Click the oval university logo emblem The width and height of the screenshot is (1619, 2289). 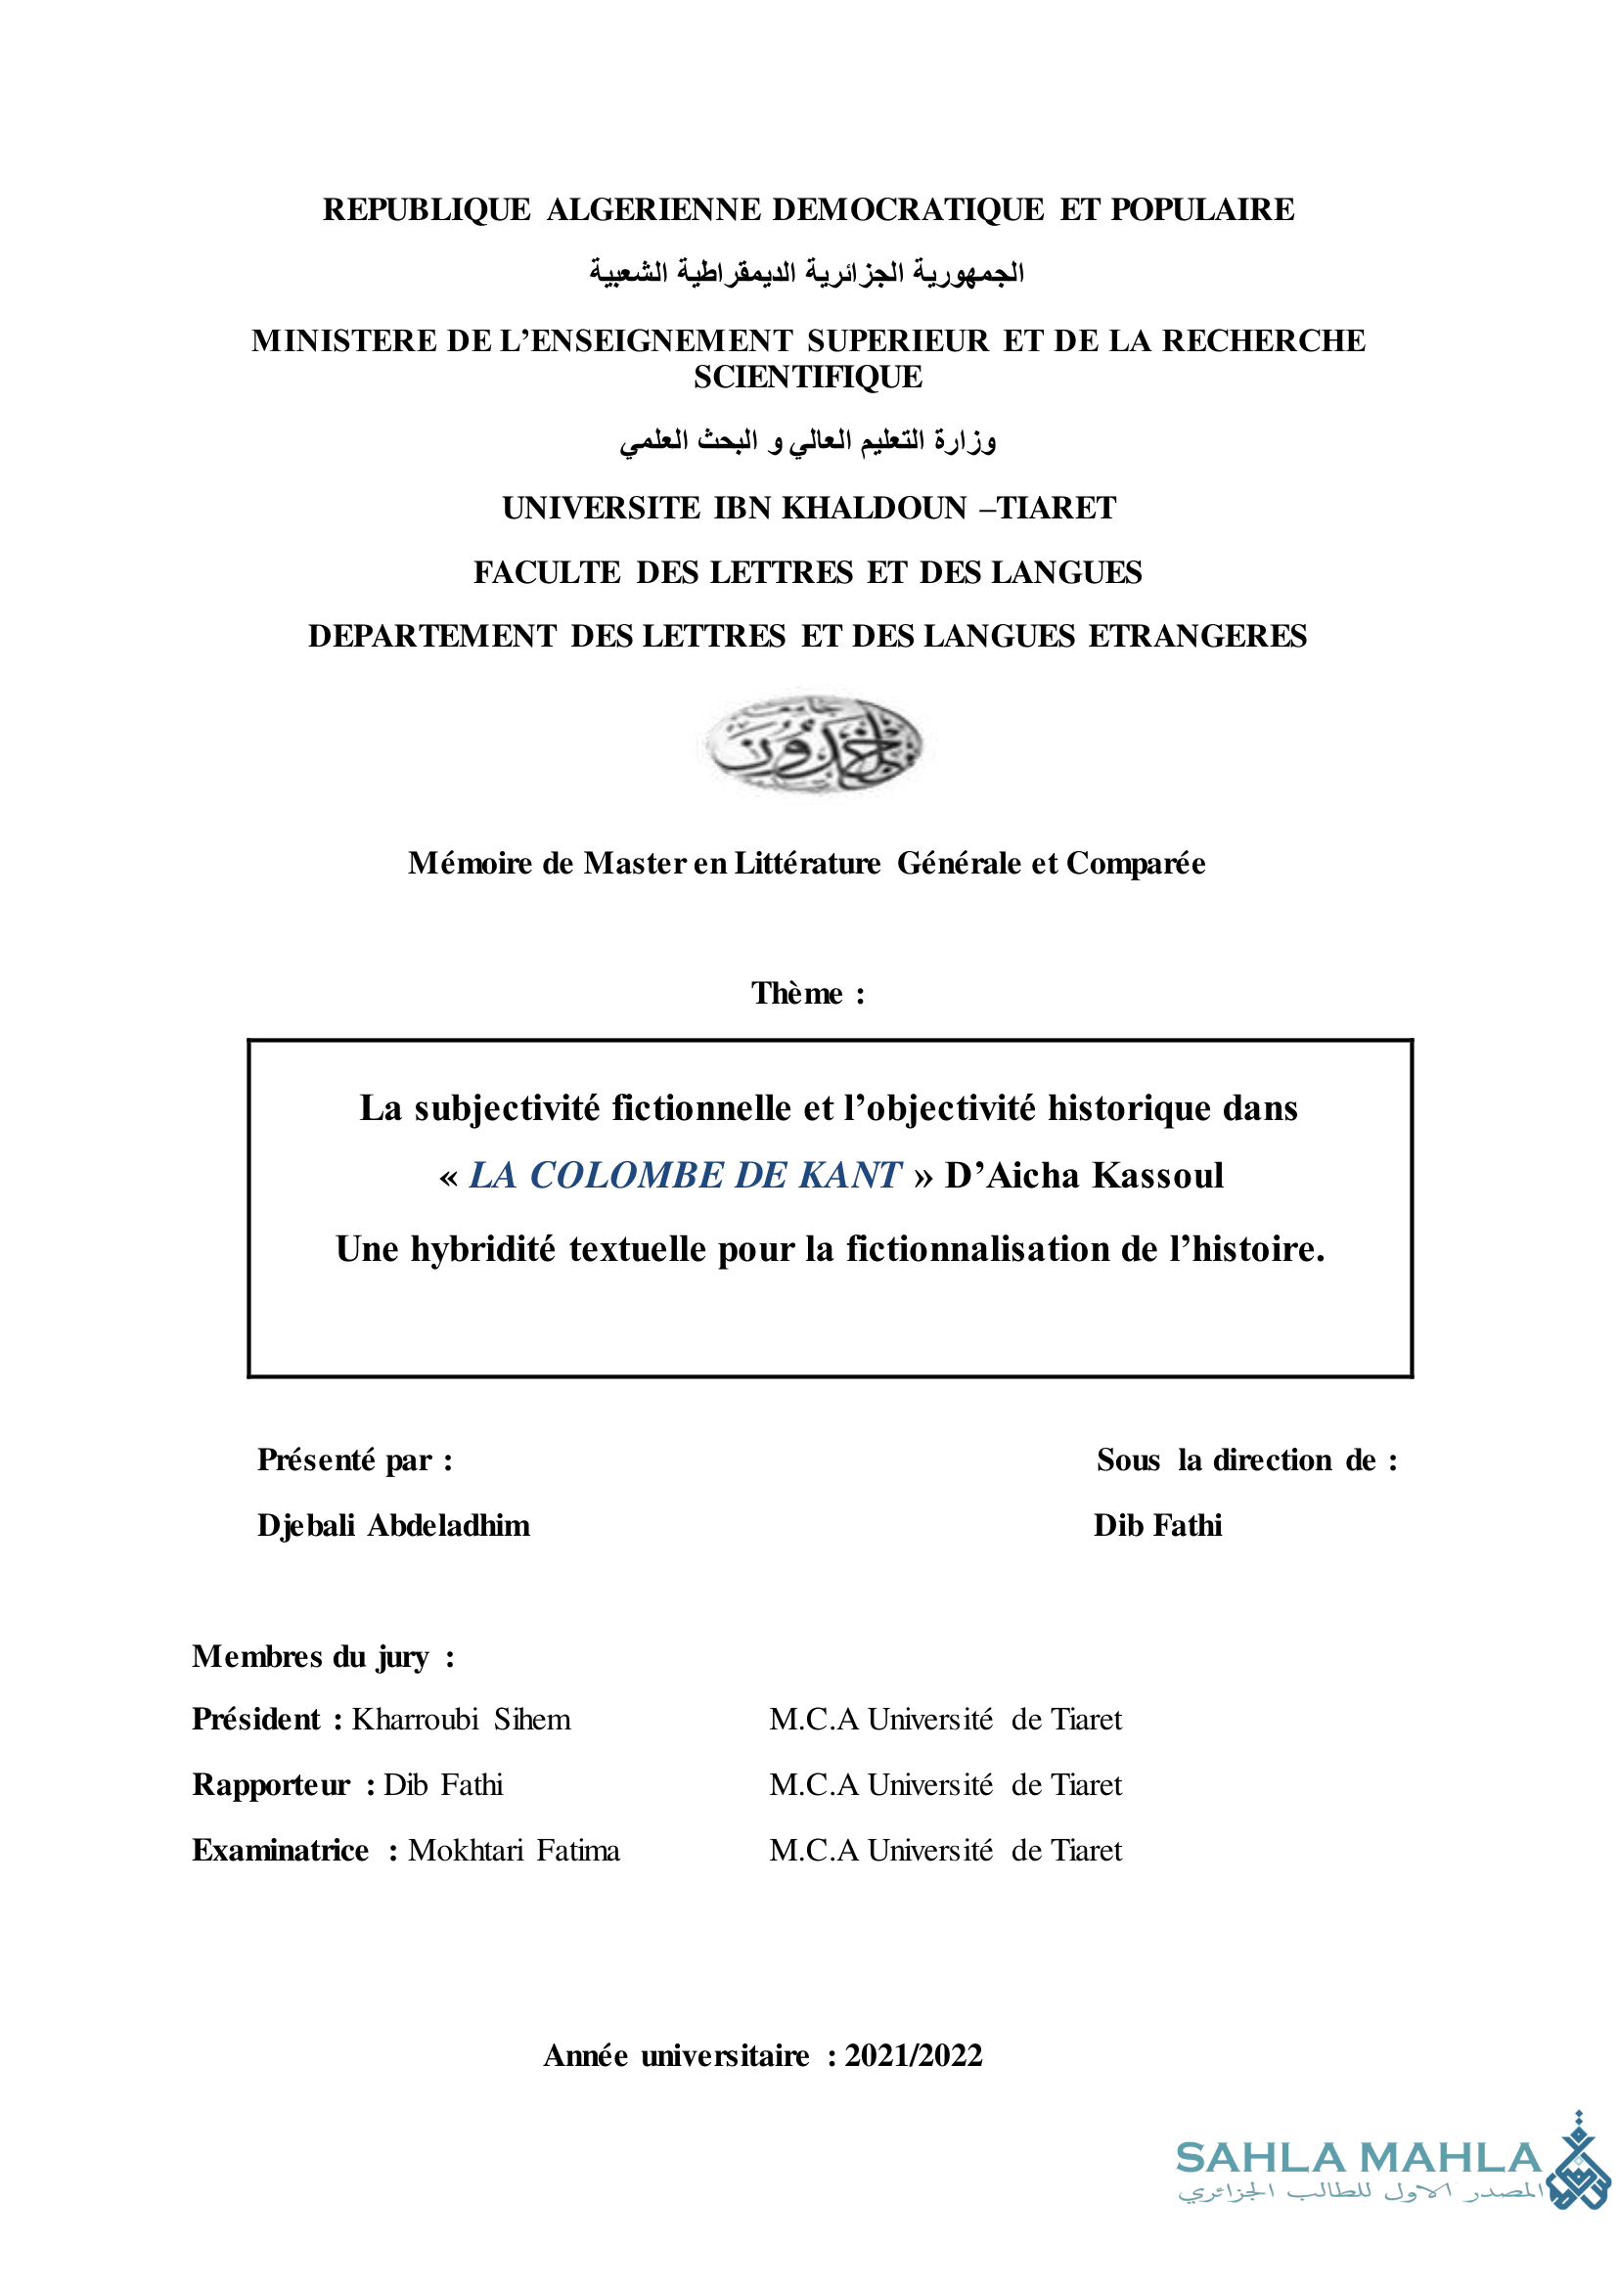(813, 743)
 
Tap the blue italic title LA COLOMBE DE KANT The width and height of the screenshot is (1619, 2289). (685, 1176)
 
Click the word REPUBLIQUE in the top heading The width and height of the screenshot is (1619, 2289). (427, 209)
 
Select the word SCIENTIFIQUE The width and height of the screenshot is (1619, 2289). (807, 377)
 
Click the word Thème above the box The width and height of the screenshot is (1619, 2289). (796, 993)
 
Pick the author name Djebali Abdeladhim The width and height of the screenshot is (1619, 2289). (393, 1525)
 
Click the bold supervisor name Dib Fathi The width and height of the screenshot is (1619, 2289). (1157, 1525)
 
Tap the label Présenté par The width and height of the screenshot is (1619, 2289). (354, 1459)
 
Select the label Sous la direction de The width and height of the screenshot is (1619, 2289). (1246, 1459)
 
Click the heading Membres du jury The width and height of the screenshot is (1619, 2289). (322, 1656)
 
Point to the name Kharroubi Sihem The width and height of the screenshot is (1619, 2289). (461, 1720)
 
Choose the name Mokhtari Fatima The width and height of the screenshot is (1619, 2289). (514, 1850)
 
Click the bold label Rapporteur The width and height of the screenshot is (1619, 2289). (271, 1784)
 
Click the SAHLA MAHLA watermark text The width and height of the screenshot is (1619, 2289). (1358, 2158)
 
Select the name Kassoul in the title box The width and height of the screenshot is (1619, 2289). (1157, 1176)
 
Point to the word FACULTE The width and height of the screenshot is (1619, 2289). (546, 572)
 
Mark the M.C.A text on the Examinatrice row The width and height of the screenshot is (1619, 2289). (814, 1850)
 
